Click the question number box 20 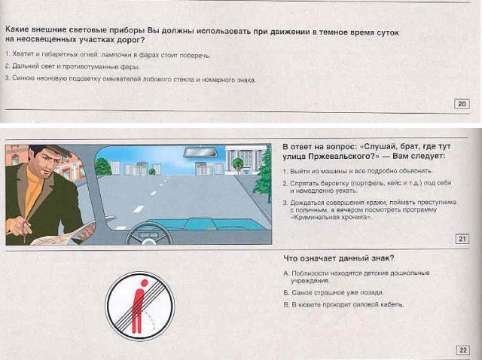pos(462,104)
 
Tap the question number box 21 pos(462,239)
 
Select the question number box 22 pos(462,349)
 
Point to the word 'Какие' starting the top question pos(19,34)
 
